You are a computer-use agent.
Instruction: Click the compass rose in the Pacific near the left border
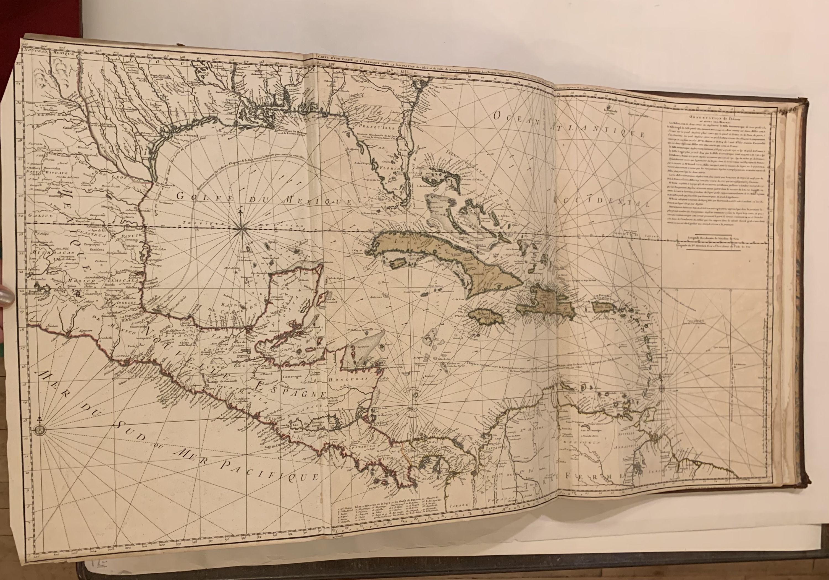point(40,429)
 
